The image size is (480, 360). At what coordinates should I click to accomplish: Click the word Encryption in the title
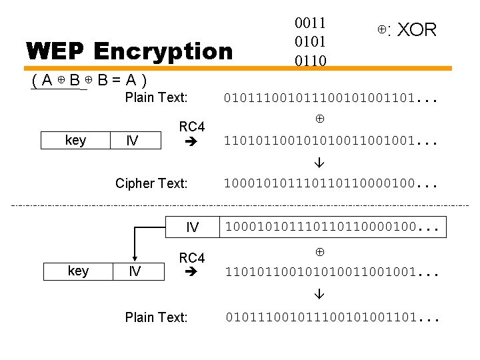163,51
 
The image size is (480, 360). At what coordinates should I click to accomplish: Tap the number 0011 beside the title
311,23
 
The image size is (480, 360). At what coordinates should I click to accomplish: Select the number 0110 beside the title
311,61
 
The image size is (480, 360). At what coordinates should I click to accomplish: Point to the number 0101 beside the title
311,42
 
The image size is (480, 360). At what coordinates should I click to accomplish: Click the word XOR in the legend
417,30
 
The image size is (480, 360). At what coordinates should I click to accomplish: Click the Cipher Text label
151,183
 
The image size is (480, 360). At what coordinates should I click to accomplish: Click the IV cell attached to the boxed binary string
192,227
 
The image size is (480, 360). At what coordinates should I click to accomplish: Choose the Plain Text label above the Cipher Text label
156,98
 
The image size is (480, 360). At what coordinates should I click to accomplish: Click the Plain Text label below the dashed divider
156,317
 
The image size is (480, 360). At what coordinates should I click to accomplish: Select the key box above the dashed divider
75,141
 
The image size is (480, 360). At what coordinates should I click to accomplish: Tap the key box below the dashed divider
78,271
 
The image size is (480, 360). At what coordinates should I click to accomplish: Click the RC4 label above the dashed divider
192,127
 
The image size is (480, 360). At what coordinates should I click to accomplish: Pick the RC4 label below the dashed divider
192,258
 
